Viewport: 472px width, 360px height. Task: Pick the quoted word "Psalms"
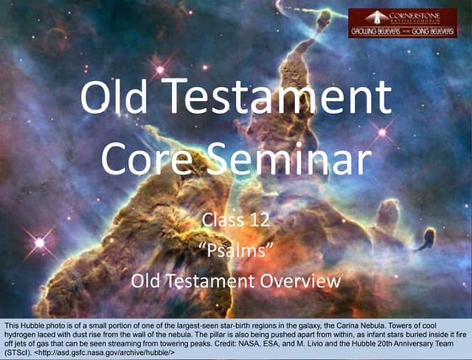tap(235, 250)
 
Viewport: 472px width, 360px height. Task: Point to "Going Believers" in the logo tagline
tap(431, 31)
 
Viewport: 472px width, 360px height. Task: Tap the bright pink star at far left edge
tap(39, 243)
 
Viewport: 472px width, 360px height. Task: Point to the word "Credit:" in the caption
tap(222, 344)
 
